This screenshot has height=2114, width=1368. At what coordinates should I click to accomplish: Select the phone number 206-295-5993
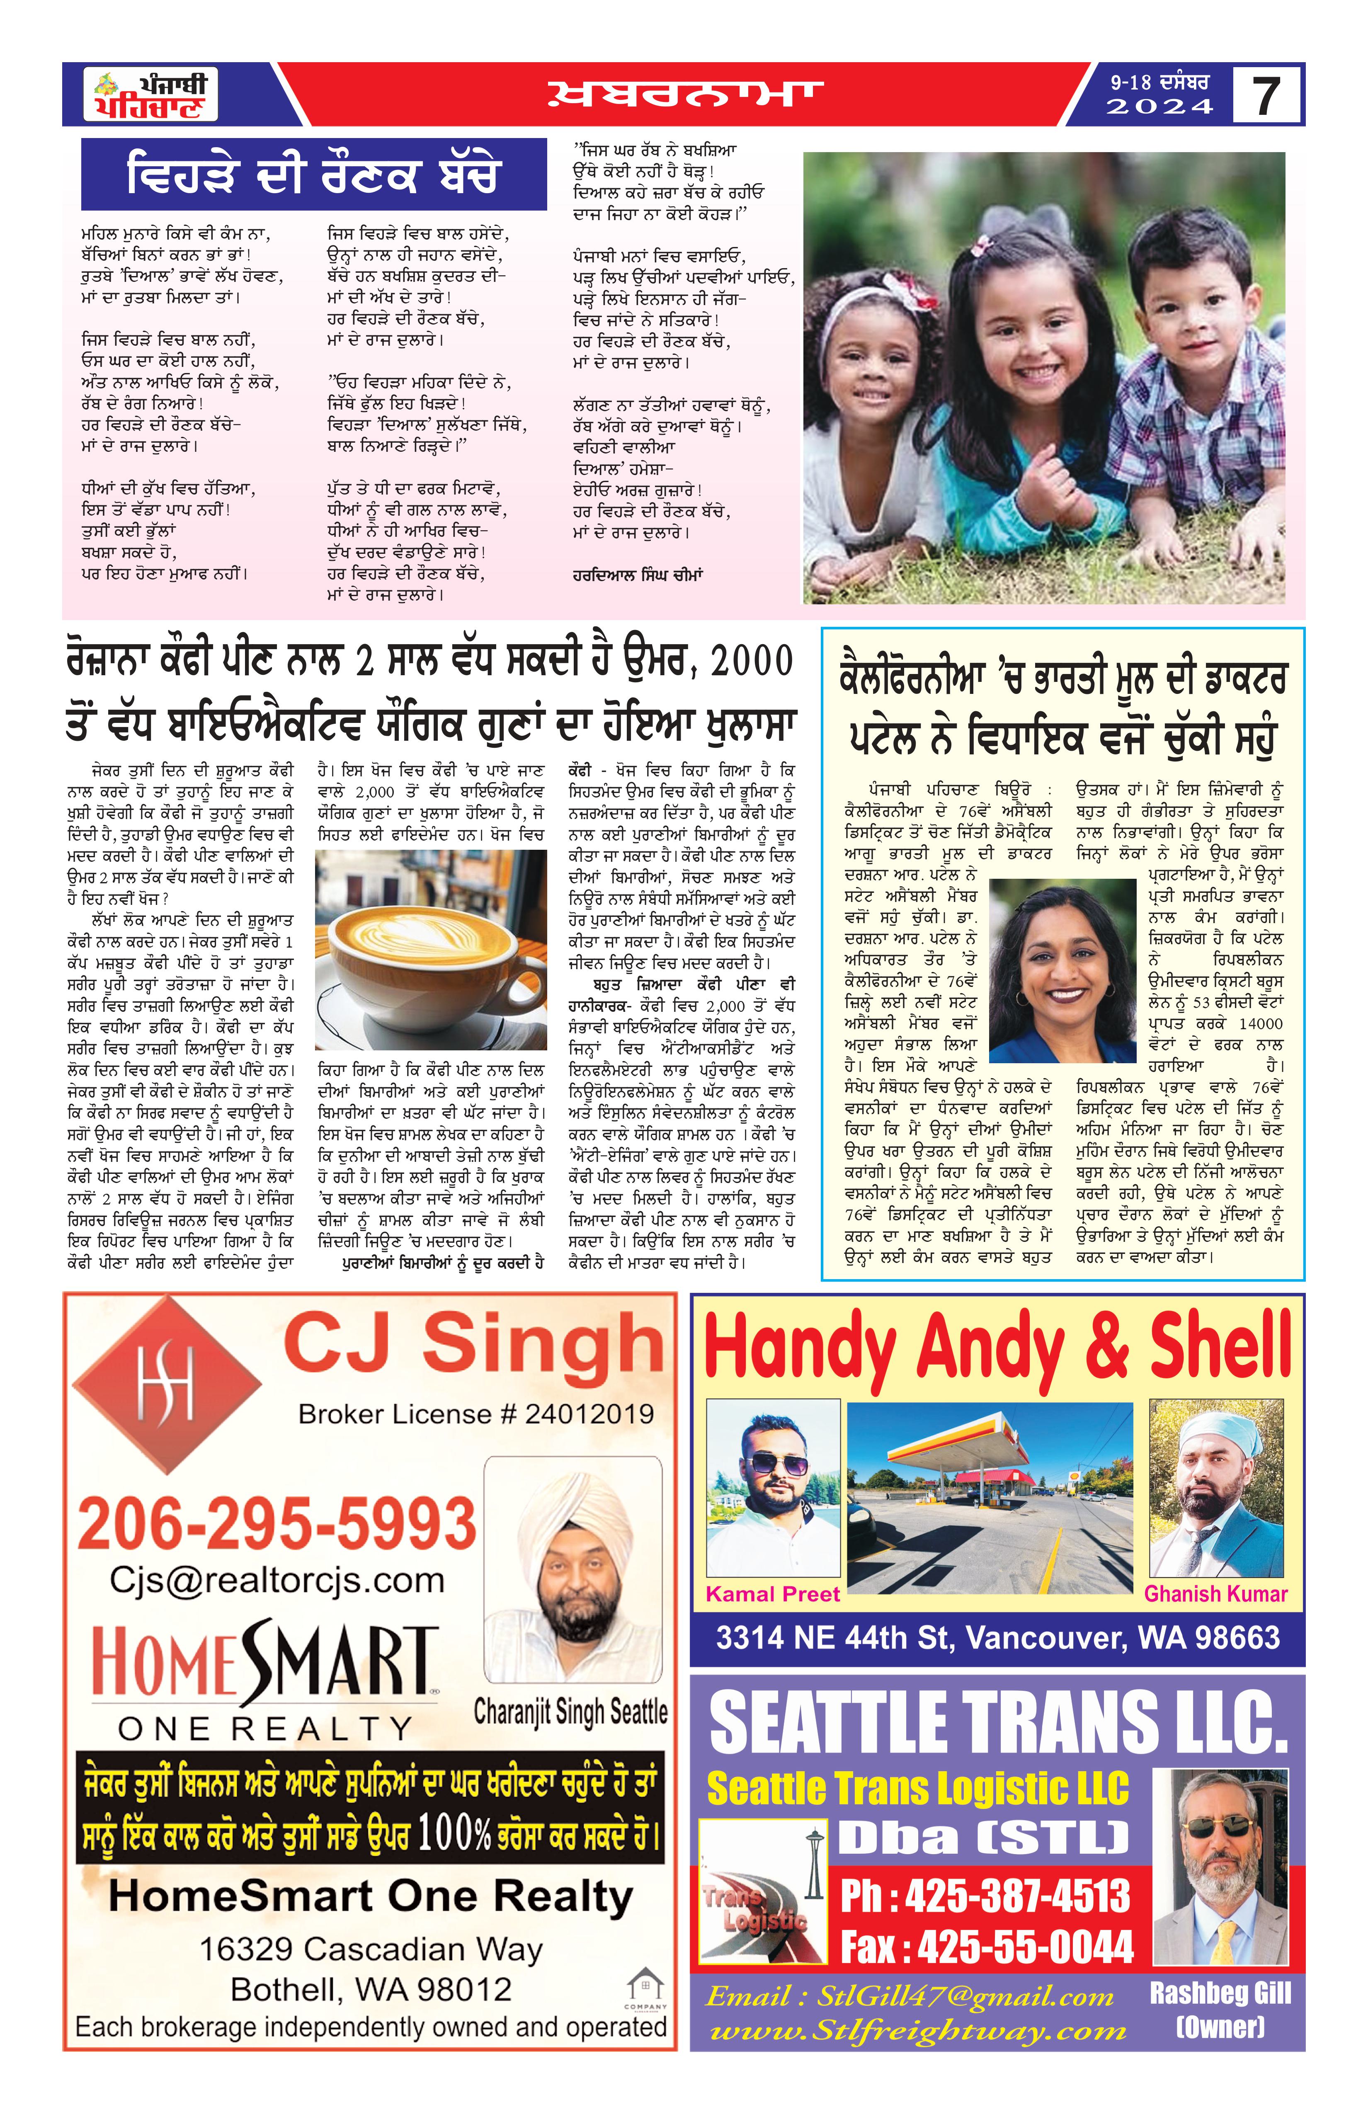pos(277,1522)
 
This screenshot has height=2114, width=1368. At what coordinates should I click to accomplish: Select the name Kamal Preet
pos(772,1594)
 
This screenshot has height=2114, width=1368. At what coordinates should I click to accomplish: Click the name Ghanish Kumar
pos(1215,1594)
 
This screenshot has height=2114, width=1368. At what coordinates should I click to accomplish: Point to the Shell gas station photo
pos(990,1498)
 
